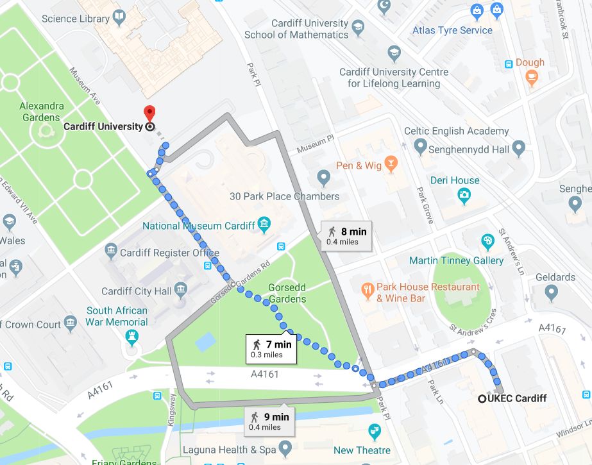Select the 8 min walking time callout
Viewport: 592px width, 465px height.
(346, 235)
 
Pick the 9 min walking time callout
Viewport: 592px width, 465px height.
(269, 420)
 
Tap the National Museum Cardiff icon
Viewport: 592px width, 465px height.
(264, 225)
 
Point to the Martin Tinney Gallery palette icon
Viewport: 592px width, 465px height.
(488, 242)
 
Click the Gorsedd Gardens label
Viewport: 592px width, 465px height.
(287, 293)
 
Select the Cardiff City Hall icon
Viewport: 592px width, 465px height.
(180, 291)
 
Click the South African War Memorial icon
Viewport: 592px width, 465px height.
(133, 336)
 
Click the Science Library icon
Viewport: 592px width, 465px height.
(120, 19)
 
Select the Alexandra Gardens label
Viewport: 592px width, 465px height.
(42, 112)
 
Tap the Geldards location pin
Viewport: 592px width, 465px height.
(551, 293)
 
